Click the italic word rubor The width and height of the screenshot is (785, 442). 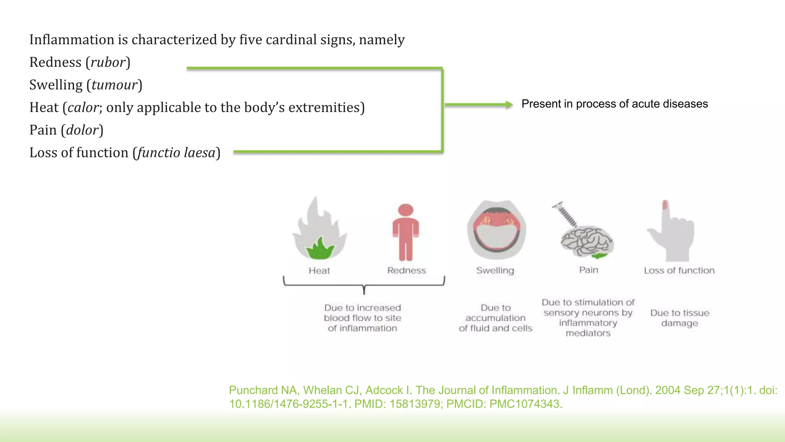pos(108,63)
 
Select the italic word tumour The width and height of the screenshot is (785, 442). pos(114,85)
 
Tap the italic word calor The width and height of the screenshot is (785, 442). pos(83,108)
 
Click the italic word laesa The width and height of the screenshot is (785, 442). pos(199,153)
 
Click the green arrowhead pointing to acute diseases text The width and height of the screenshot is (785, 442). pos(509,104)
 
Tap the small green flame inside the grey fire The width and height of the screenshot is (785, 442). pos(320,249)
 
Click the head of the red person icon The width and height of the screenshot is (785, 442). pos(406,210)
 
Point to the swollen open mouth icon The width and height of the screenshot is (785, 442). pos(496,229)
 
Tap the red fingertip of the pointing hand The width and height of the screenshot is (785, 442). pos(665,205)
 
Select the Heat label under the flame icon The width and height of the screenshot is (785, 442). pos(319,271)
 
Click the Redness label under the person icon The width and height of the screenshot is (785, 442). pos(406,271)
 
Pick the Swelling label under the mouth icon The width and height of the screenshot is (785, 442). pos(495,271)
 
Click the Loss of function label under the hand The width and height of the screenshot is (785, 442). pos(679,271)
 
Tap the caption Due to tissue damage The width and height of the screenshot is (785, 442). pos(680,318)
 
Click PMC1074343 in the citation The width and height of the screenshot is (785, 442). pos(526,404)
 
